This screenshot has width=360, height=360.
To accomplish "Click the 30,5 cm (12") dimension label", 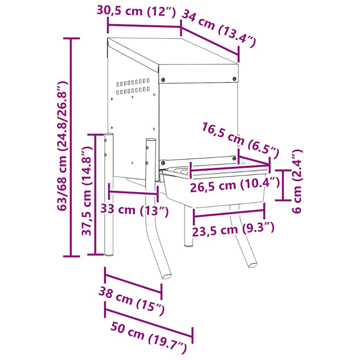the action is pos(136,11).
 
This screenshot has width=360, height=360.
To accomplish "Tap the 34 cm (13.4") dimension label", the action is pos(219,28).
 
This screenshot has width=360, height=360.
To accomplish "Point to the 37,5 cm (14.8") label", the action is pos(87,190).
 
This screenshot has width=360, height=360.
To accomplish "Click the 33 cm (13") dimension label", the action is pos(134,210).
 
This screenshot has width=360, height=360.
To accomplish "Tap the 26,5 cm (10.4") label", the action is pos(235,184).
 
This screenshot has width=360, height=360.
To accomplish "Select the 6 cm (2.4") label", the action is pos(297,181).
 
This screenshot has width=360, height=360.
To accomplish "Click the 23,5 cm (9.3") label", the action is pos(233,229).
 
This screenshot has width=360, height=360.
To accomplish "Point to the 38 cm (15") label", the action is pos(132,301).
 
